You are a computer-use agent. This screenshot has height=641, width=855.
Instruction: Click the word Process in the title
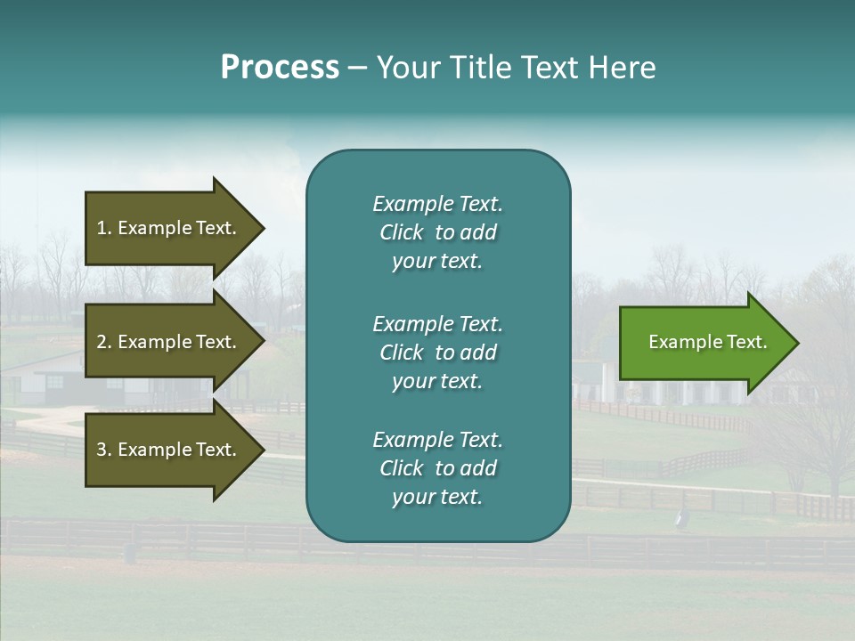coord(280,68)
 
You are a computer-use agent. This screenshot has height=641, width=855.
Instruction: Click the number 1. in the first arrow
coord(103,228)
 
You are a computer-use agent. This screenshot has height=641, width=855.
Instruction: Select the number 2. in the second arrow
coord(103,342)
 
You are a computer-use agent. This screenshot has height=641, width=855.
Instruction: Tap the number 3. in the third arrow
coord(103,450)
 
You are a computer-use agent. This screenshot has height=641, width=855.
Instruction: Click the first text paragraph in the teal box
coord(437,232)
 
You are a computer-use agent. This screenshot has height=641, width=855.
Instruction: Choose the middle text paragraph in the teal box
coord(437,353)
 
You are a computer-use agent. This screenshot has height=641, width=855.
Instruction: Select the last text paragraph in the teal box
coord(437,468)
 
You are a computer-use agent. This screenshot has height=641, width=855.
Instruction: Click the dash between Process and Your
coord(357,69)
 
